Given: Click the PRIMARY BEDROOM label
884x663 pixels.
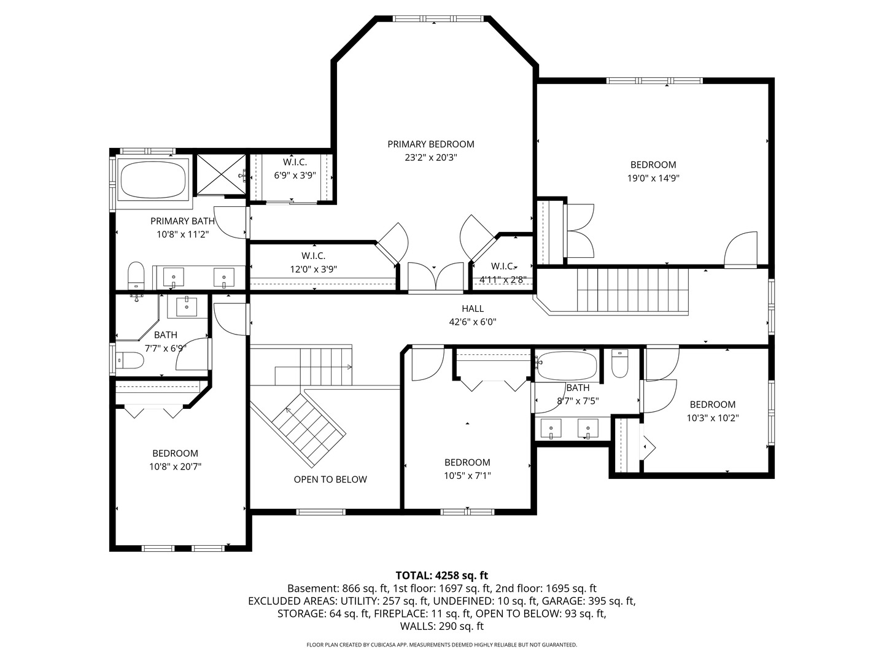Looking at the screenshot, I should [430, 144].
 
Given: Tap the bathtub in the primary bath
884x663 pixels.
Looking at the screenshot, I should [154, 179].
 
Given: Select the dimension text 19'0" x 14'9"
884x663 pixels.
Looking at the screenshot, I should [653, 179].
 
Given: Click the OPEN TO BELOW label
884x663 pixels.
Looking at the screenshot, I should [330, 479].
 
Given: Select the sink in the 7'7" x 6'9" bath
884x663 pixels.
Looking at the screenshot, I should [187, 305].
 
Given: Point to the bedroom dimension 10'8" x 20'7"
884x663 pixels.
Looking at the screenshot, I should [175, 467].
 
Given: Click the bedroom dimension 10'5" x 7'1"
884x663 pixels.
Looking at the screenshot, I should [467, 476].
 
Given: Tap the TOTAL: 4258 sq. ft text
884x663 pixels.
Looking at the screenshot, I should [441, 576].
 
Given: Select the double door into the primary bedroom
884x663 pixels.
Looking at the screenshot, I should [435, 277].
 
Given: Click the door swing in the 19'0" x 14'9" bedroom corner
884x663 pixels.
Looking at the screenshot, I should [741, 249].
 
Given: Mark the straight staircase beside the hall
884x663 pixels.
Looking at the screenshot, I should [633, 291].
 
